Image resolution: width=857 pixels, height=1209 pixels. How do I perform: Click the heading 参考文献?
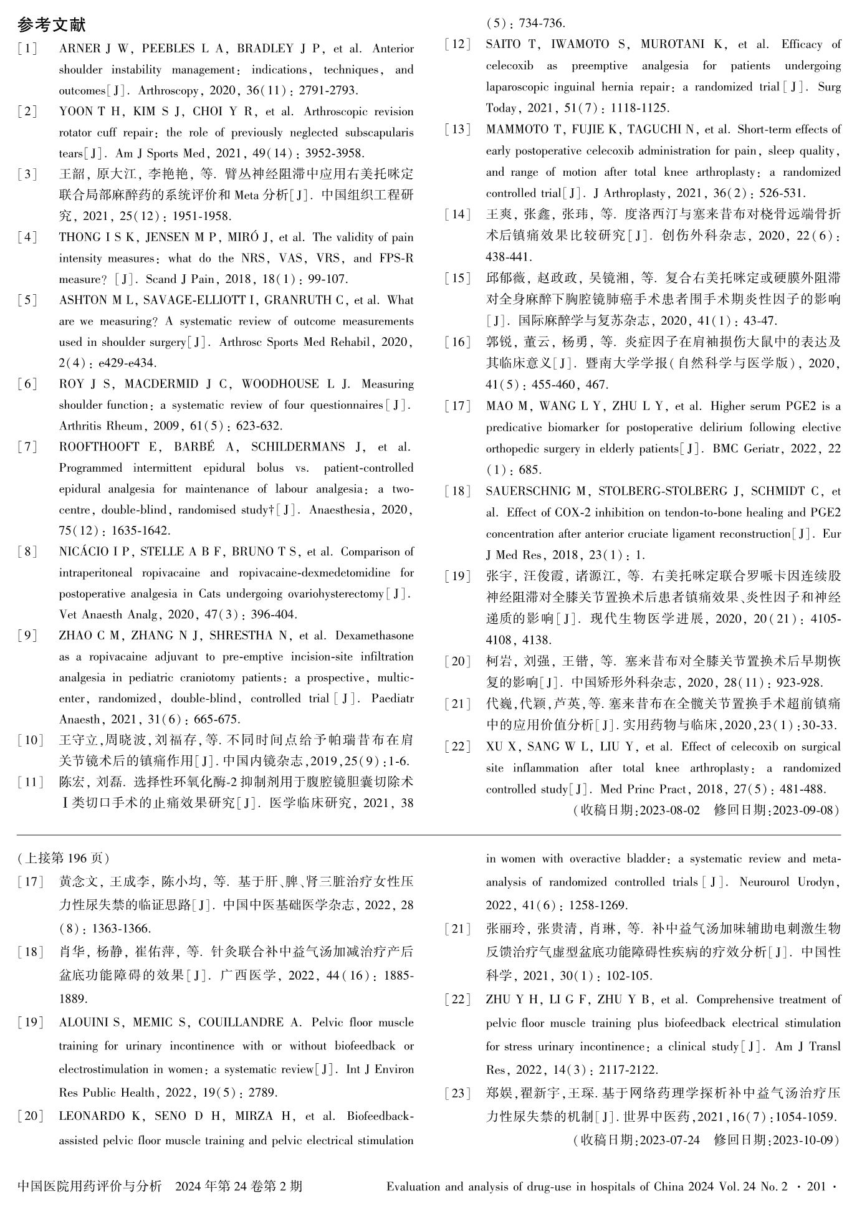[x=52, y=26]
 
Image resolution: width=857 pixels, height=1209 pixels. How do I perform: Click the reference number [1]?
[x=27, y=49]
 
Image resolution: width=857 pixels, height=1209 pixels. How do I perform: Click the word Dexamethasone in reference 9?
[x=374, y=636]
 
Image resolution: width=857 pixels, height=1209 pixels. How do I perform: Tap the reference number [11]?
[x=30, y=782]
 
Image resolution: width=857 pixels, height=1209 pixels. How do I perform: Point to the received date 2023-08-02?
[x=669, y=810]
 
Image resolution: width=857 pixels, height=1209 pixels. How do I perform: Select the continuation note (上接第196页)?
[x=64, y=858]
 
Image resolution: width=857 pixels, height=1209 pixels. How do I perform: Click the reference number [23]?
[x=457, y=1093]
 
